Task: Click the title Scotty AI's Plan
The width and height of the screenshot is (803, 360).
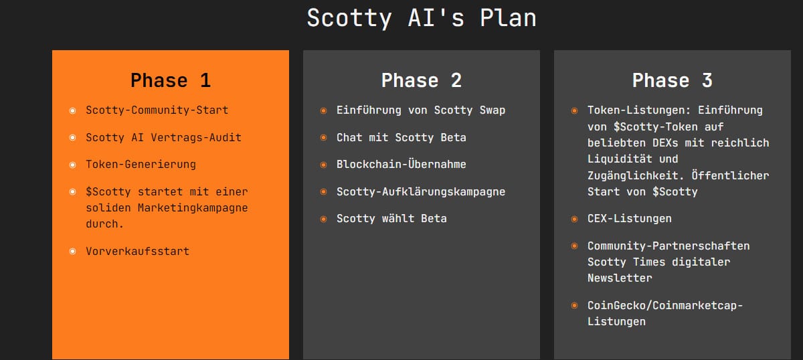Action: [422, 18]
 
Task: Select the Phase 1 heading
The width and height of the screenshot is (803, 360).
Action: [171, 81]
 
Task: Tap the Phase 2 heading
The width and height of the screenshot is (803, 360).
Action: [422, 81]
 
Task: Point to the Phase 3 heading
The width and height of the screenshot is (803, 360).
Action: [673, 81]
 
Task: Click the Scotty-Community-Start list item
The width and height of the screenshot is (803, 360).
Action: [157, 110]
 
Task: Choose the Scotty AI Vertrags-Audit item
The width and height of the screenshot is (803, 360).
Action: [164, 138]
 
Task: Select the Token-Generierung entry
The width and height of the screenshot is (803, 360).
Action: [141, 165]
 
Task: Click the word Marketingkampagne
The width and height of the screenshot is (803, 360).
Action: [193, 208]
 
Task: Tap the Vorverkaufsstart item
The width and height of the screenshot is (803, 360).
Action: [138, 252]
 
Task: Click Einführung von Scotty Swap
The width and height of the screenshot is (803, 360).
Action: [421, 110]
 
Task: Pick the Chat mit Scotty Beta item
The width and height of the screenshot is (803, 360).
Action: [401, 138]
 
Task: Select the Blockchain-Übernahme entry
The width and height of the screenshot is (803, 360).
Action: [401, 165]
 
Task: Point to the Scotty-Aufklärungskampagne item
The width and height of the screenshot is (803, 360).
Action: [421, 192]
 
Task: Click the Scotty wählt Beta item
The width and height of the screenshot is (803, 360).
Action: [391, 219]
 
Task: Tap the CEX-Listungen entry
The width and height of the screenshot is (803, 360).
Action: [630, 219]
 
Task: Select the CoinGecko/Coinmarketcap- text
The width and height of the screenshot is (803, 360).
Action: [665, 305]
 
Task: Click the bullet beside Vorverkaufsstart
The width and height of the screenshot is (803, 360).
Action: [72, 252]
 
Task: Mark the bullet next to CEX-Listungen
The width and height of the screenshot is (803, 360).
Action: [574, 219]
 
